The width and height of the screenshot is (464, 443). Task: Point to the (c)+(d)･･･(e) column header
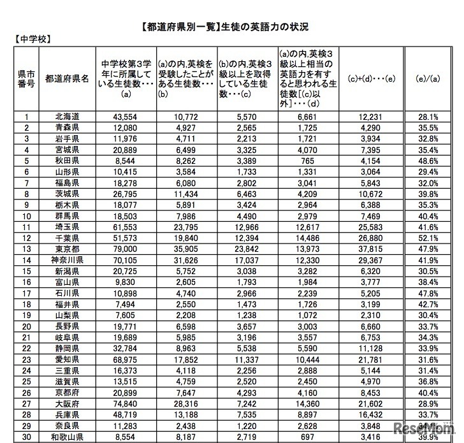coord(372,79)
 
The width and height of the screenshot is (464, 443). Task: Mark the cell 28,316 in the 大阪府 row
coord(187,403)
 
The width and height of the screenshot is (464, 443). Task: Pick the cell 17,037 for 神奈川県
coord(249,260)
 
